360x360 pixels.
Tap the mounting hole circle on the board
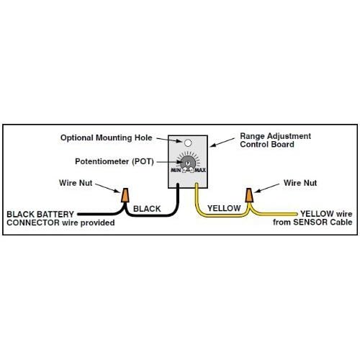tap(187, 143)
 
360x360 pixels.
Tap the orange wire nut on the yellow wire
tap(249, 195)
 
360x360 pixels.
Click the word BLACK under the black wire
tap(147, 209)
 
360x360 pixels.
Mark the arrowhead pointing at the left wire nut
tap(120, 192)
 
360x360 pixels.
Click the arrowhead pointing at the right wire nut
tap(254, 192)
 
